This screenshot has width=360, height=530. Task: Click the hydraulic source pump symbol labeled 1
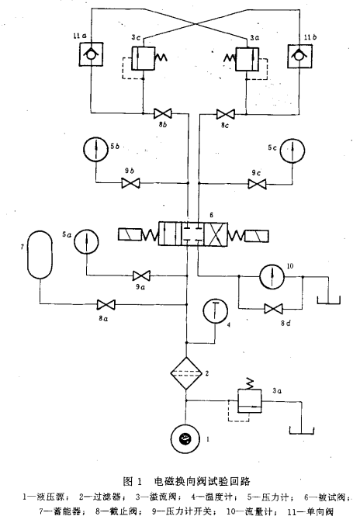tap(185, 438)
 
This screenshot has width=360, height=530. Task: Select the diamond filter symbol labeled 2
tap(185, 373)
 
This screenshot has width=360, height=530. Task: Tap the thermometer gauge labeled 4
tap(216, 311)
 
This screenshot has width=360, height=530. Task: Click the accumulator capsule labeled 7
tap(40, 255)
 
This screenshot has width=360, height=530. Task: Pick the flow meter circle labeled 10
tap(272, 276)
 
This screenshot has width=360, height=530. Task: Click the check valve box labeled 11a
tap(92, 54)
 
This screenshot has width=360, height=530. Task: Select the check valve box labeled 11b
tap(299, 56)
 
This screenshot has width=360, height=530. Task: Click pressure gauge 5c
tap(292, 150)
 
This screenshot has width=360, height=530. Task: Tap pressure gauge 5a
tap(86, 241)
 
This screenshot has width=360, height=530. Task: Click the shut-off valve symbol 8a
tap(106, 304)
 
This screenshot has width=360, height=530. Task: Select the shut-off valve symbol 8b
tap(163, 113)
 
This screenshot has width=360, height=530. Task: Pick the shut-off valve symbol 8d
tap(273, 309)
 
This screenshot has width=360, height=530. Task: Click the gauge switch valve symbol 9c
tap(257, 184)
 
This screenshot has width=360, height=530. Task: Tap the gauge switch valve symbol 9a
tap(141, 275)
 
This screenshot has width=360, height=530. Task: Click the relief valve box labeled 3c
tap(143, 58)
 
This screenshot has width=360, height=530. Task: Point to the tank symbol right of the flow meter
tap(328, 300)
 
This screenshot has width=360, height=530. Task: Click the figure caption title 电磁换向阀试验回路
tap(202, 481)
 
